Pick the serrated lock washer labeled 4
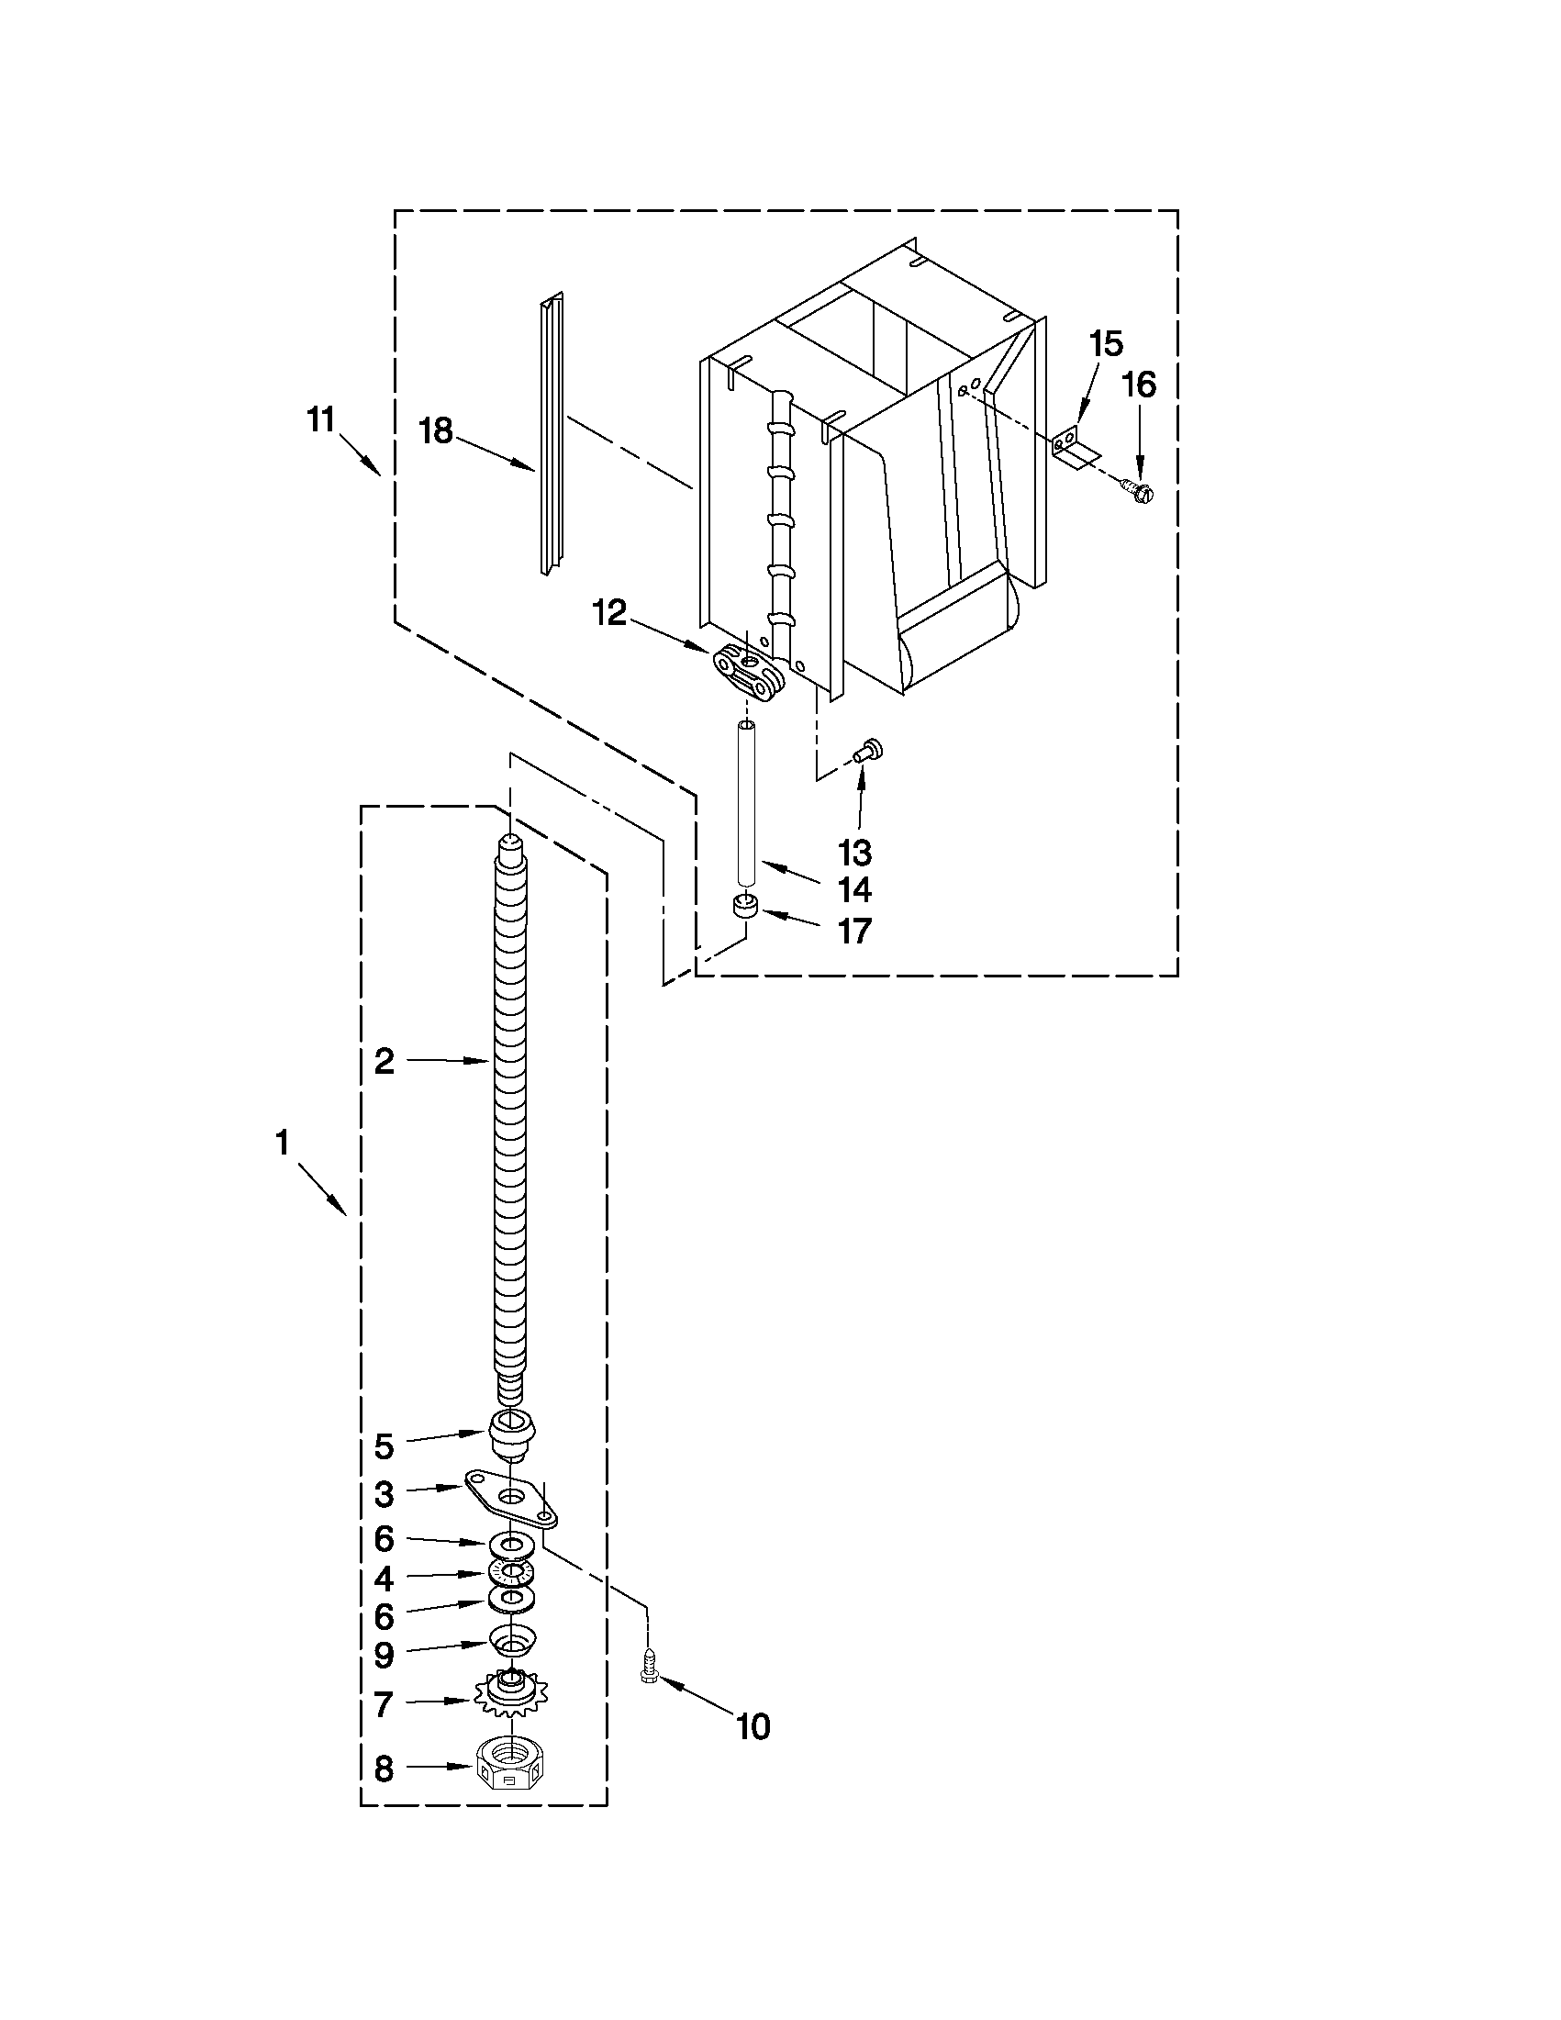511,1570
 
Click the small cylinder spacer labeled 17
745,905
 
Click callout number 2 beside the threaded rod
384,1061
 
